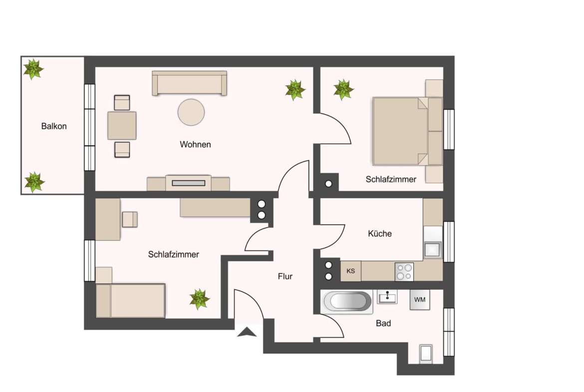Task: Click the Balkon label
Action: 54,126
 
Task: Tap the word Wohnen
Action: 195,144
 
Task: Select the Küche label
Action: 380,233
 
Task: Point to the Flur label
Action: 285,276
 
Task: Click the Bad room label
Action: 383,323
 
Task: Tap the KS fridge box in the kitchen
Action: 351,271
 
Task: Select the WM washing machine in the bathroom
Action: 420,300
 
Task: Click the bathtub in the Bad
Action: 347,302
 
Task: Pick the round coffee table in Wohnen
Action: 191,112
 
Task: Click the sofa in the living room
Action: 190,83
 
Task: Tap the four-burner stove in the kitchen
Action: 404,272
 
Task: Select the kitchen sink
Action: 433,249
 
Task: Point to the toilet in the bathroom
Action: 426,353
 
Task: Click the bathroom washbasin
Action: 387,298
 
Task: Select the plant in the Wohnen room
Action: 295,90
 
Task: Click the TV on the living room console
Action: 189,183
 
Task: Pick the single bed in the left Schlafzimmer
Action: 131,301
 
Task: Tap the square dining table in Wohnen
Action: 122,125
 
